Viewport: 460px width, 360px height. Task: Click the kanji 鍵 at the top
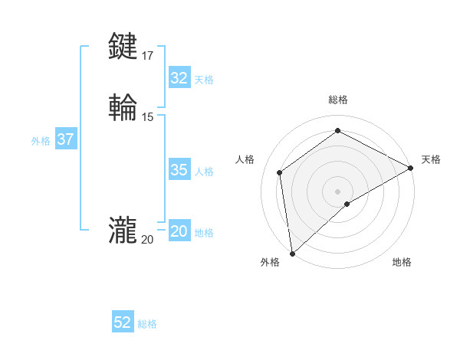pyautogui.click(x=123, y=47)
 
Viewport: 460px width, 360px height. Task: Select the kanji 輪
pyautogui.click(x=123, y=107)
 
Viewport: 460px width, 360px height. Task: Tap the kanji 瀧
pyautogui.click(x=123, y=230)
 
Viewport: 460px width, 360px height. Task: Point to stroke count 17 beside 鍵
pyautogui.click(x=147, y=56)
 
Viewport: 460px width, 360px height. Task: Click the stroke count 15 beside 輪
pyautogui.click(x=147, y=116)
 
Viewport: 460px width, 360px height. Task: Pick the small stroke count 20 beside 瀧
pyautogui.click(x=147, y=240)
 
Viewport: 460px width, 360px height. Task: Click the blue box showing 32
pyautogui.click(x=179, y=78)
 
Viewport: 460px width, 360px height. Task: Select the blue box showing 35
pyautogui.click(x=179, y=170)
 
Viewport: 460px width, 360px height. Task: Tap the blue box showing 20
pyautogui.click(x=179, y=231)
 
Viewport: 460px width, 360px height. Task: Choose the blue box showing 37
pyautogui.click(x=65, y=139)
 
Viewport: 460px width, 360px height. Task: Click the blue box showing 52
pyautogui.click(x=123, y=322)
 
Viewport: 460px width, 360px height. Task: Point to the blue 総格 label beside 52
pyautogui.click(x=147, y=324)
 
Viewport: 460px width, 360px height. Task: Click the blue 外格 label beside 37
pyautogui.click(x=41, y=141)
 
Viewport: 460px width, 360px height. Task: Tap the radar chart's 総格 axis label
pyautogui.click(x=338, y=100)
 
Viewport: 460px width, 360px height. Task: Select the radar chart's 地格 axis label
pyautogui.click(x=402, y=263)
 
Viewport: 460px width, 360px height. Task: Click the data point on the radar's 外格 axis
pyautogui.click(x=292, y=253)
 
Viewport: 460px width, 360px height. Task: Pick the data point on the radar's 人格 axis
pyautogui.click(x=280, y=172)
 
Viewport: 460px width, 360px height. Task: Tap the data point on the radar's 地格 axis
pyautogui.click(x=347, y=204)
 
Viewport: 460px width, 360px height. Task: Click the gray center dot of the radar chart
pyautogui.click(x=338, y=191)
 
